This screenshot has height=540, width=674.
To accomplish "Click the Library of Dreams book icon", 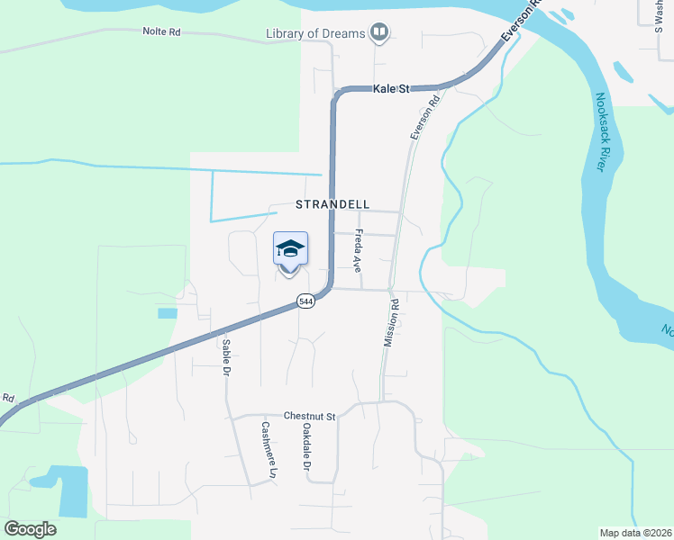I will tap(379, 34).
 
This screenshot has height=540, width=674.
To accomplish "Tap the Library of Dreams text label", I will tap(315, 34).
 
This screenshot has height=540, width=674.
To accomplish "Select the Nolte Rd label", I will tap(161, 31).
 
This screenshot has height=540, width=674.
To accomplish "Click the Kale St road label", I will tap(392, 89).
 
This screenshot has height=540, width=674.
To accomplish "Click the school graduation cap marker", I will tap(290, 249).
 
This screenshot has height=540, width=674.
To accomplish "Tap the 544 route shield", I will tap(307, 302).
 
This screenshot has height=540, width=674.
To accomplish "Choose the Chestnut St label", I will tap(309, 417).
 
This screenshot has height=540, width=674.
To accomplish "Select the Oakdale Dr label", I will tap(306, 447).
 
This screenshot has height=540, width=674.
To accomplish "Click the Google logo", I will tap(31, 529).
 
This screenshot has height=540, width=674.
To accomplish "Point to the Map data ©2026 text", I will tap(636, 533).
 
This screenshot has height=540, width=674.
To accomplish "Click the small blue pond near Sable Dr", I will tap(168, 313).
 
